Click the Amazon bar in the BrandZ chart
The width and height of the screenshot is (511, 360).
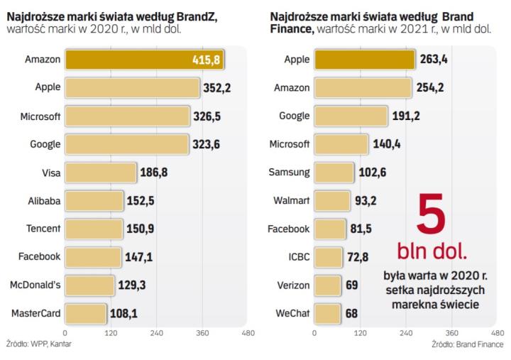(142, 60)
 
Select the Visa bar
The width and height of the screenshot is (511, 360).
(100, 173)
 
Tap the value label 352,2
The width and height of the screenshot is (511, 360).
(215, 89)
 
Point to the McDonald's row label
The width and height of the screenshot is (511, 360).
(35, 284)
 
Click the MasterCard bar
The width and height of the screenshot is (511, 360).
(86, 312)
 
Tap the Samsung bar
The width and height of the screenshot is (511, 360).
(334, 173)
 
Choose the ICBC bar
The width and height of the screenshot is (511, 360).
(327, 256)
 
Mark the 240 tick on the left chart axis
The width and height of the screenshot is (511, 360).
(157, 331)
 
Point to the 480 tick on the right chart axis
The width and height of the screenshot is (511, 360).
(498, 331)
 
